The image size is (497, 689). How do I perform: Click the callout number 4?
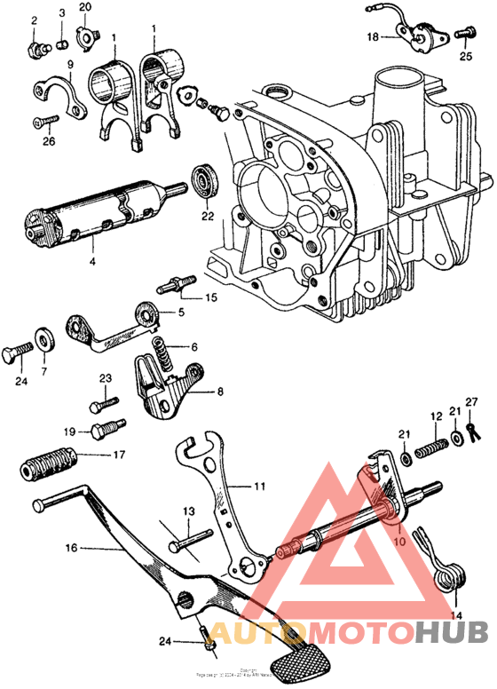91,262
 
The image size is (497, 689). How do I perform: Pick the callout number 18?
372,37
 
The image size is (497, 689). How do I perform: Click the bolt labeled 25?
464,34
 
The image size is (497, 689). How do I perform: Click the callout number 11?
259,486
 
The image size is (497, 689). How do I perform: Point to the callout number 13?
188,511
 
